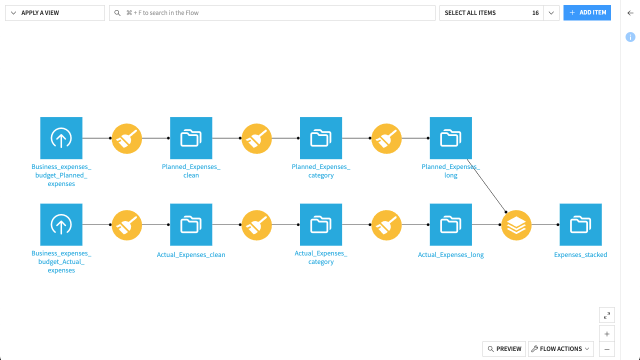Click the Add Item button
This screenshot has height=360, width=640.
(587, 12)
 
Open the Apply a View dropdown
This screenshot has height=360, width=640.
(54, 13)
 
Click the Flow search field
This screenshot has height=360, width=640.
(272, 13)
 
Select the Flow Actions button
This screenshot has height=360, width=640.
(560, 349)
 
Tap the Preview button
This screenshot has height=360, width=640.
(504, 349)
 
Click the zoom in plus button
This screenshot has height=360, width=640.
(606, 334)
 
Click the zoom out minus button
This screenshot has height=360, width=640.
(606, 349)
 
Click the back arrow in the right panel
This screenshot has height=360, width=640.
(630, 13)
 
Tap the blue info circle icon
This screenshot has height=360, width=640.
(630, 37)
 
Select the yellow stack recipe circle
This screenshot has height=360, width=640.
(516, 225)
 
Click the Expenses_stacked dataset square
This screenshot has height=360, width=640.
(580, 224)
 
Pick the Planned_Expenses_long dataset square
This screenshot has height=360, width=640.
(450, 138)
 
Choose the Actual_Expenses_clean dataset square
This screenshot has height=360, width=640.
(191, 224)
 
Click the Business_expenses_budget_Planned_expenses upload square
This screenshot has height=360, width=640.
(61, 138)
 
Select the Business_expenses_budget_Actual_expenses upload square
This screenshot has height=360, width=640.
(61, 224)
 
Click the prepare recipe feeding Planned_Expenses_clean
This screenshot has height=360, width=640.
(126, 138)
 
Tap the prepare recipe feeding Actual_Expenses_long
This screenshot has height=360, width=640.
(386, 225)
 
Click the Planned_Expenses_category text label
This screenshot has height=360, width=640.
(321, 171)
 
